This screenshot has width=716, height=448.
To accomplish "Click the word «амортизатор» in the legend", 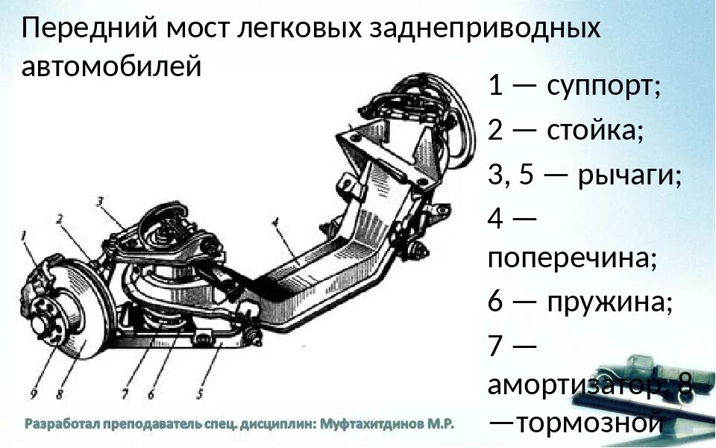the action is coord(575,385).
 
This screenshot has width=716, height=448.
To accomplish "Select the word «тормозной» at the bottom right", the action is coord(589,423).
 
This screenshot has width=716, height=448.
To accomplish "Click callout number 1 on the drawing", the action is coord(25,237).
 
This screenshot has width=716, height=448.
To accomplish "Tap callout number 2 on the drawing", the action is coord(60,219).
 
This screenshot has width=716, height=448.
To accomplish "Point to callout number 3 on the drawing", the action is coord(100,201).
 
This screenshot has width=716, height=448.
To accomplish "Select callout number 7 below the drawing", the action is coord(125,393).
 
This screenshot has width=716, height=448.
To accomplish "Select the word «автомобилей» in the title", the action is coord(112,67).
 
